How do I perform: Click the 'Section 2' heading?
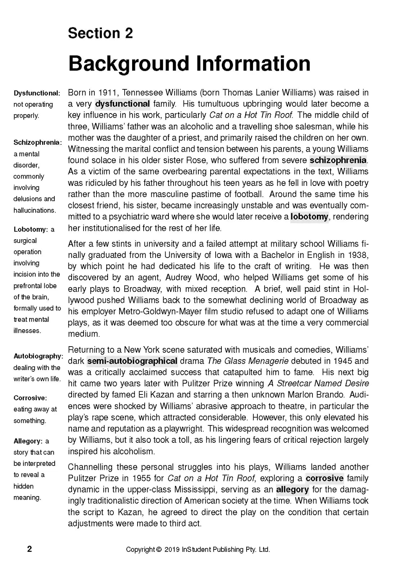pos(100,33)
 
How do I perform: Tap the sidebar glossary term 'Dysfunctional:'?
pos(37,93)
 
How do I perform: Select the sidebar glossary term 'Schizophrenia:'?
pos(38,143)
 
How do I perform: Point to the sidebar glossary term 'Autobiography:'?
pos(39,356)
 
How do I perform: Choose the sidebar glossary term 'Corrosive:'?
pos(30,398)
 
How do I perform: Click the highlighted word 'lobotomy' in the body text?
pos(309,217)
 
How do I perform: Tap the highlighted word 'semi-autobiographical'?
pos(132,361)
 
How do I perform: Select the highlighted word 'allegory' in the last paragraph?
pos(292,490)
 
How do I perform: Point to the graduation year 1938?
pos(357,255)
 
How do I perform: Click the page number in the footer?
pos(30,549)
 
